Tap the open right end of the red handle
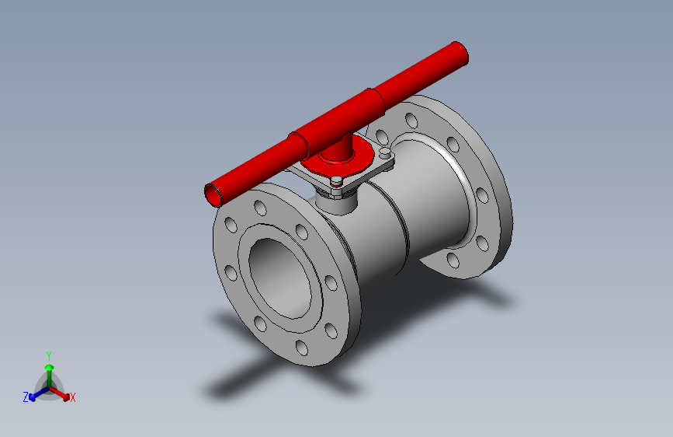click(462, 54)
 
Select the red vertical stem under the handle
click(340, 148)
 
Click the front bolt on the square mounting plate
click(336, 184)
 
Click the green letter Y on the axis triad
click(48, 354)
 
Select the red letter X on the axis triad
click(73, 398)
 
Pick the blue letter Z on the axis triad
click(26, 397)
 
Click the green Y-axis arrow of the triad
click(49, 369)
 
